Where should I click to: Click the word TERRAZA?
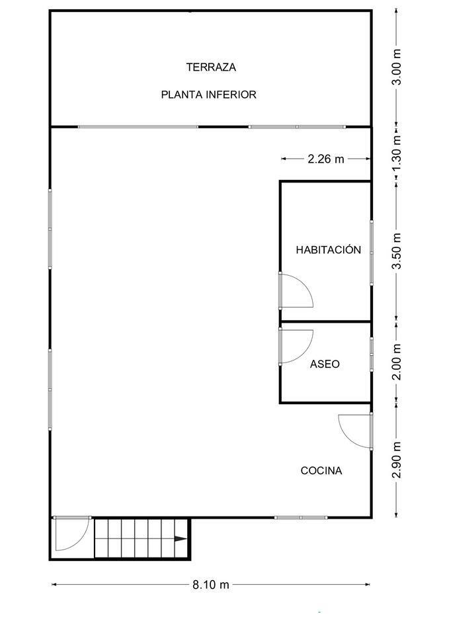click(x=211, y=67)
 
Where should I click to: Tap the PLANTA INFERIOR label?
click(x=208, y=95)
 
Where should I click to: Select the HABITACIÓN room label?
click(x=329, y=249)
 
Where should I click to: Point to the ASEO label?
click(x=325, y=364)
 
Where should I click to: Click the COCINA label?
click(x=321, y=470)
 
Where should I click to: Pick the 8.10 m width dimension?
click(x=210, y=584)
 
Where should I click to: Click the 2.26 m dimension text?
click(x=326, y=159)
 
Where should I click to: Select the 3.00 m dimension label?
click(x=397, y=67)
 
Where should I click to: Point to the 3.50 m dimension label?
click(x=397, y=251)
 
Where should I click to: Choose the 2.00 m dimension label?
click(x=397, y=362)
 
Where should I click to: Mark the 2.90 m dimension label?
click(x=397, y=460)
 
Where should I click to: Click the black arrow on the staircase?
click(x=181, y=538)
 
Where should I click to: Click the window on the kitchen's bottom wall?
click(x=301, y=517)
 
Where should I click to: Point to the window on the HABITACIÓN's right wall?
click(x=371, y=253)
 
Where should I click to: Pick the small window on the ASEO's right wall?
click(x=371, y=355)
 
